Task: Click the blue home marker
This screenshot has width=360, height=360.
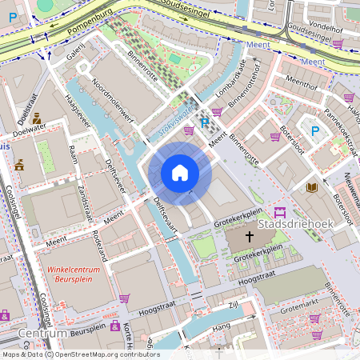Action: [x=180, y=173]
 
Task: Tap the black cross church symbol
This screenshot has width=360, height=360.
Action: [x=249, y=237]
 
